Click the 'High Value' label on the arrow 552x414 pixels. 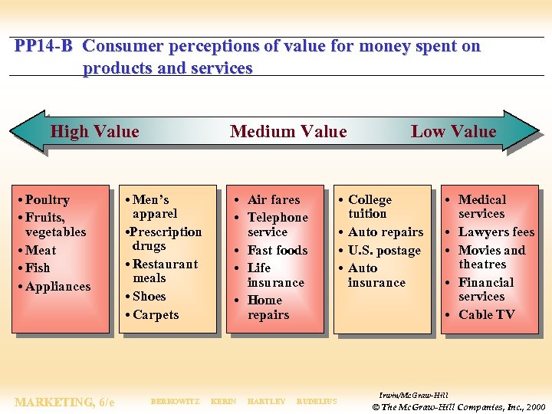click(94, 132)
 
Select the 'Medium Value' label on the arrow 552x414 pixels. click(288, 132)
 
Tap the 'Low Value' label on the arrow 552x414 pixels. click(453, 132)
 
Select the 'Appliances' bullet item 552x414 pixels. click(58, 287)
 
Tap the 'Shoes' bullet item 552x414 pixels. click(149, 297)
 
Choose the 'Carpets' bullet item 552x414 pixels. click(156, 315)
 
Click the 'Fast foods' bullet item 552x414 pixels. click(277, 251)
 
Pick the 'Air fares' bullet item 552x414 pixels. click(274, 200)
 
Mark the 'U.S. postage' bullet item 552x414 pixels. click(384, 251)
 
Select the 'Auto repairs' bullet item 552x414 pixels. click(385, 232)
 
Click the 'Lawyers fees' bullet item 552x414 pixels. click(496, 232)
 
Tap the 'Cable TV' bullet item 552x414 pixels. click(486, 315)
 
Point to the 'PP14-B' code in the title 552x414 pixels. click(44, 46)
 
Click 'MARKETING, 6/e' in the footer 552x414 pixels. click(64, 402)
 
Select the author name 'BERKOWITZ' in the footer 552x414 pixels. click(175, 402)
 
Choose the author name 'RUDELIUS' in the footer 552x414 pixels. click(316, 402)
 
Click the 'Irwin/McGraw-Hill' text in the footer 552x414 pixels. click(414, 395)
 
